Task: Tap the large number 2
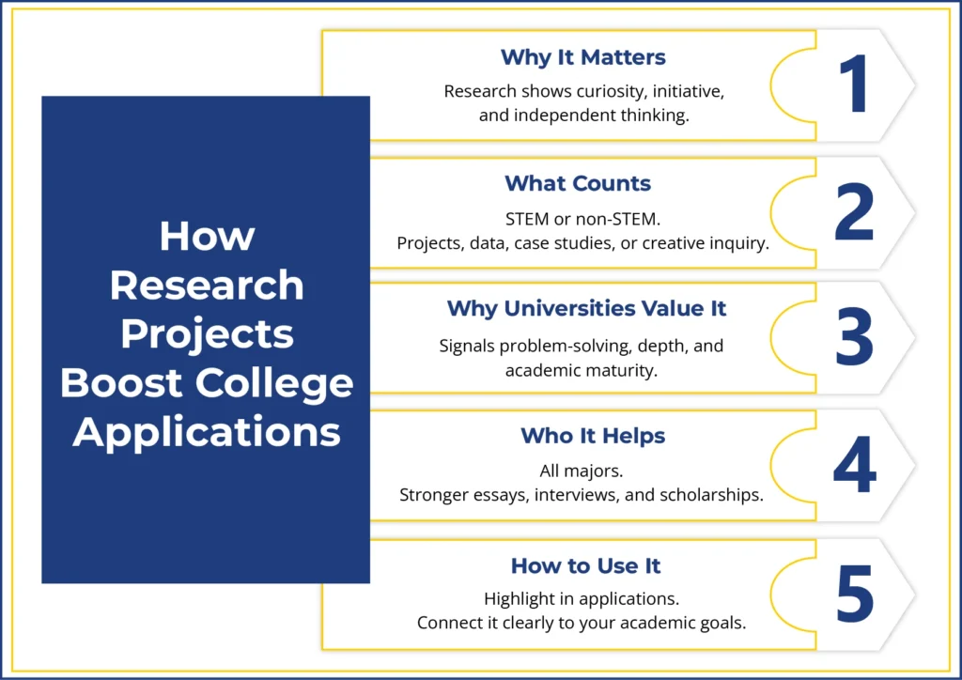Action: click(x=854, y=213)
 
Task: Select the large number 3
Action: click(x=854, y=339)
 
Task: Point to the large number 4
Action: click(x=854, y=467)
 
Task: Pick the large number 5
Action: click(x=854, y=594)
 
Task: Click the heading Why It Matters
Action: click(x=583, y=56)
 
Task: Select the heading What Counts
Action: click(x=578, y=182)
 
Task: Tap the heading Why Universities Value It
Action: click(x=586, y=308)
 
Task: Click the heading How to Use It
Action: click(x=586, y=565)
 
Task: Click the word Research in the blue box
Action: click(x=207, y=286)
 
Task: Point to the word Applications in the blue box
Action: click(x=207, y=432)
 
